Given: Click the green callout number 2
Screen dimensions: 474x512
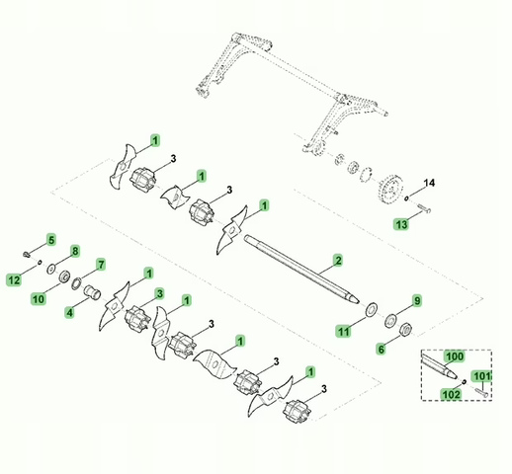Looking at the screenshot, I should pyautogui.click(x=338, y=260).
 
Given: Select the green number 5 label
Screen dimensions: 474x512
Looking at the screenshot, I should pyautogui.click(x=51, y=239).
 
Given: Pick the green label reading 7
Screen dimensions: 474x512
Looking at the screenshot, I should pyautogui.click(x=100, y=265).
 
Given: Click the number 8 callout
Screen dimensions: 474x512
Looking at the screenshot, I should pyautogui.click(x=74, y=253).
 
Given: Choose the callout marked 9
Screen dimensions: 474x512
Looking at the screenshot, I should pyautogui.click(x=416, y=300).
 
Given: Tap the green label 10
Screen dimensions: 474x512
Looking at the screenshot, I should pyautogui.click(x=39, y=299).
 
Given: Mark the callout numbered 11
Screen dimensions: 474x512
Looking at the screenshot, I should pyautogui.click(x=343, y=333).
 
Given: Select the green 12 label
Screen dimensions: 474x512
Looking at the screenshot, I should pyautogui.click(x=13, y=280).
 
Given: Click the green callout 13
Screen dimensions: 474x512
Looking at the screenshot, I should pyautogui.click(x=402, y=225).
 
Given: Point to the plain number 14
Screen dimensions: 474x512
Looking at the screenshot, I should pyautogui.click(x=429, y=184).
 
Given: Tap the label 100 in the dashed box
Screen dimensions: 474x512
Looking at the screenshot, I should pyautogui.click(x=454, y=355).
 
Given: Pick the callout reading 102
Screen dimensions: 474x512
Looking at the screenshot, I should pyautogui.click(x=452, y=394).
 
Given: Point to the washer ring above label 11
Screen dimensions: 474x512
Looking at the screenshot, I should pyautogui.click(x=370, y=309).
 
